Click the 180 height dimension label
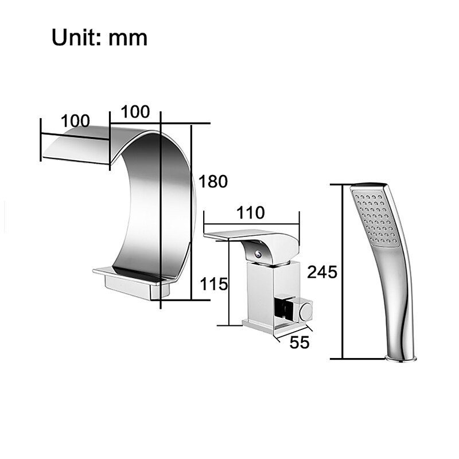(x=213, y=181)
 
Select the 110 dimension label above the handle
(x=251, y=212)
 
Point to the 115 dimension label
(x=214, y=284)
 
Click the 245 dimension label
(x=322, y=272)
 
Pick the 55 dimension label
(x=299, y=342)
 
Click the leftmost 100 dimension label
(x=76, y=121)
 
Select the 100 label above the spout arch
(x=135, y=111)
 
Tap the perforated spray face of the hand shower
(x=375, y=217)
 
